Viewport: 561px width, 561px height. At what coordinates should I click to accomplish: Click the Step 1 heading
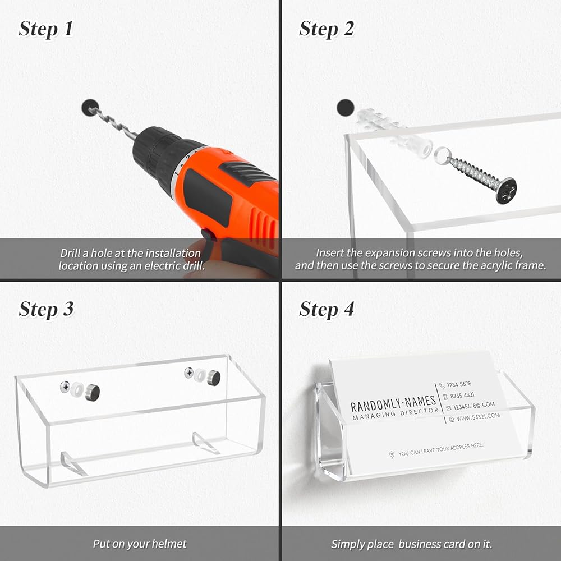(x=46, y=29)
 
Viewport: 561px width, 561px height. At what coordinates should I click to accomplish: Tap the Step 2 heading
(x=327, y=29)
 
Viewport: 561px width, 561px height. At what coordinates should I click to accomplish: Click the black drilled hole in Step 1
(x=90, y=107)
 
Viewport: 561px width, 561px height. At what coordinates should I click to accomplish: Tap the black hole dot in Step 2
(x=345, y=108)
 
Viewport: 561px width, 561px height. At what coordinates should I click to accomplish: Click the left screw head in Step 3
(x=65, y=387)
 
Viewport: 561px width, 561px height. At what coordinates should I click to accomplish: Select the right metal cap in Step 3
(x=214, y=378)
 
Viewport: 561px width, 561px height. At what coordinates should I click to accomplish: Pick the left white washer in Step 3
(x=77, y=389)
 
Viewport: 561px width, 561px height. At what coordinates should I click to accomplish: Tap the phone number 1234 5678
(x=459, y=385)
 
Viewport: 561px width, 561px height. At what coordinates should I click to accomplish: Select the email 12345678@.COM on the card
(x=473, y=406)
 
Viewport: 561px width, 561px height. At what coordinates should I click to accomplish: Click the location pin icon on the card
(x=392, y=455)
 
